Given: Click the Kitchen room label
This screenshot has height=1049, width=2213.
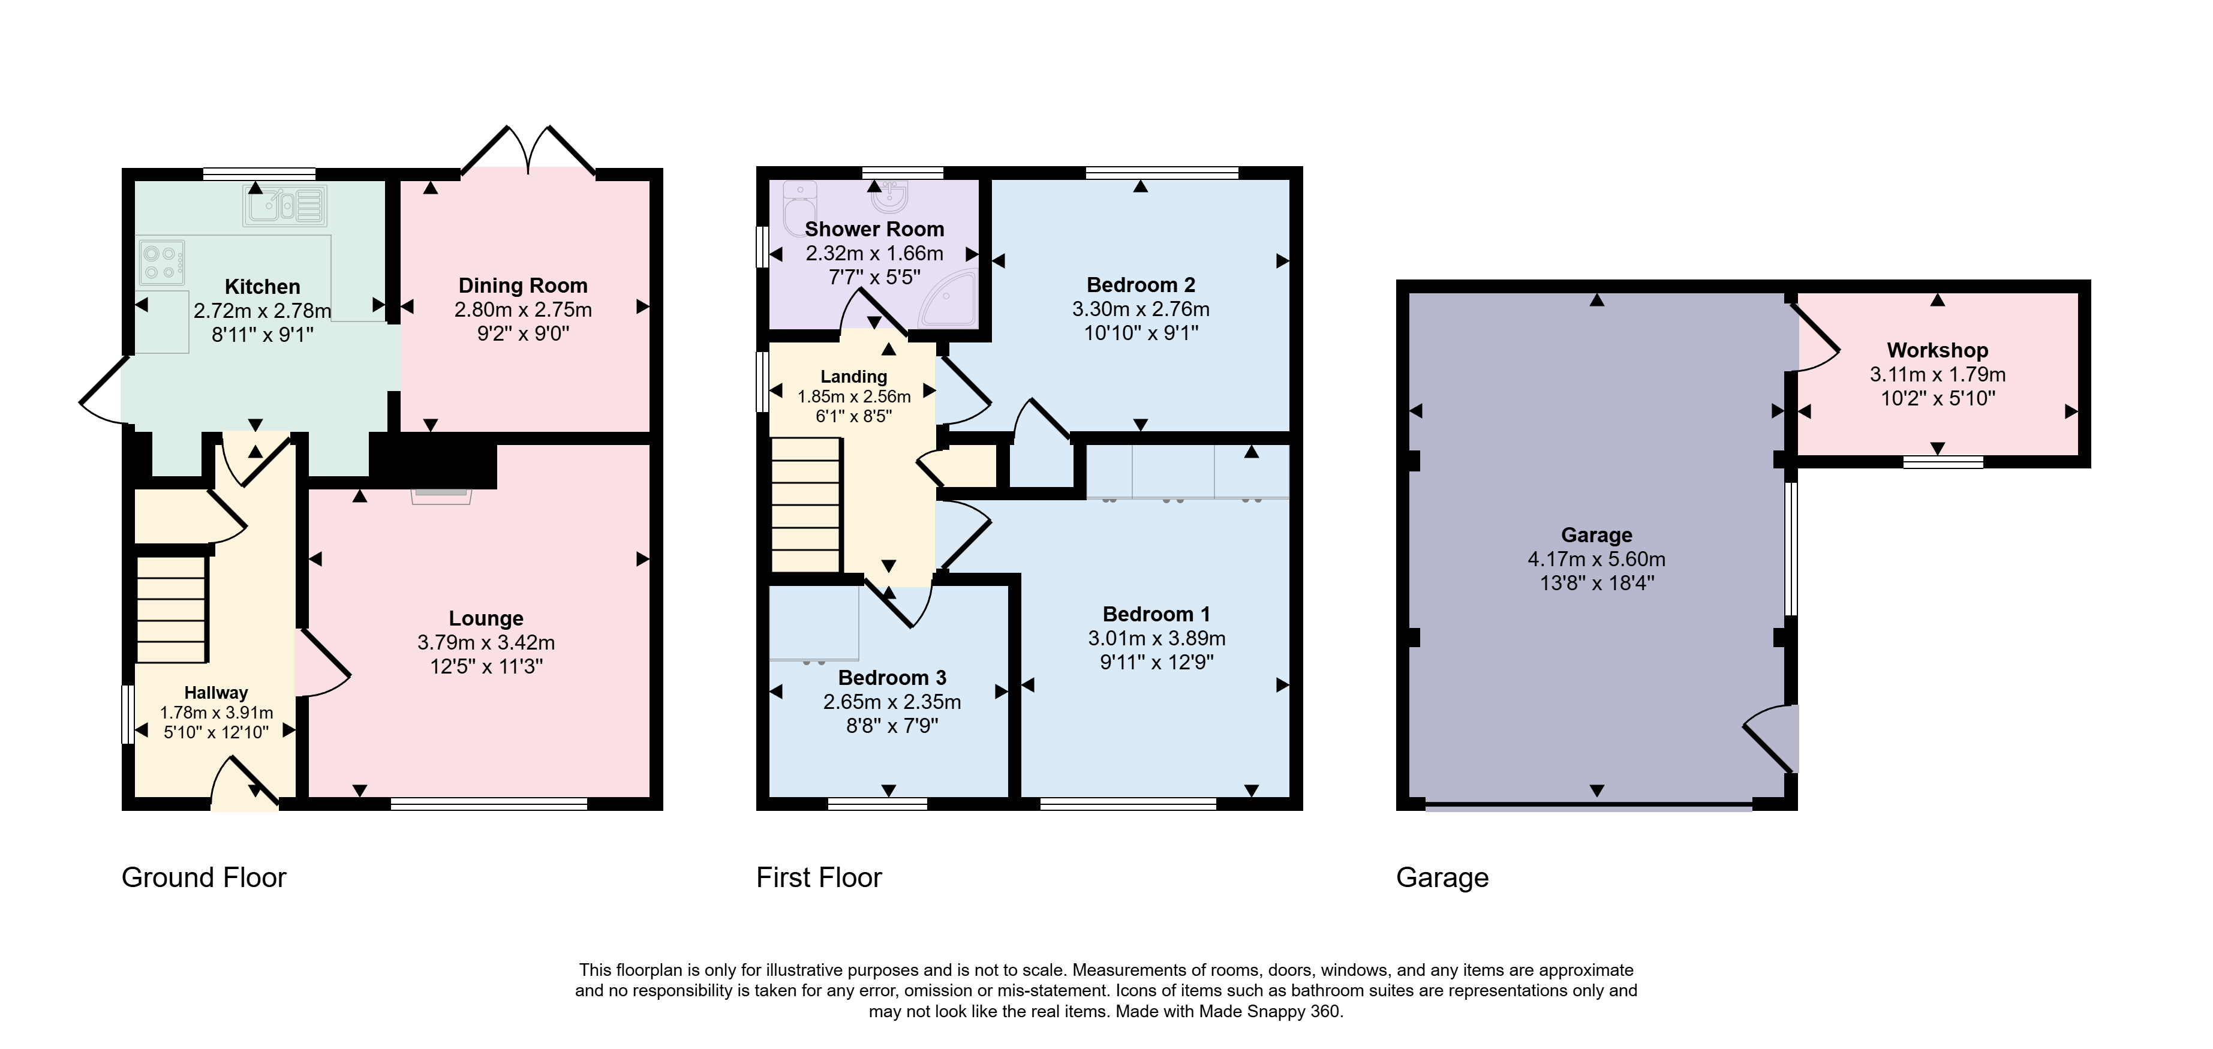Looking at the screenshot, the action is tap(262, 287).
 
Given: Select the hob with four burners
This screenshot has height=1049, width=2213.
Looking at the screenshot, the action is tap(161, 263).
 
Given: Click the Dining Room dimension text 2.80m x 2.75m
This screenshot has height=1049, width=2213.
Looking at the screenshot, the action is tap(523, 310).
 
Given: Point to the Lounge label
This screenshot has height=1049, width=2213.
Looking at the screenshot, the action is tap(486, 618).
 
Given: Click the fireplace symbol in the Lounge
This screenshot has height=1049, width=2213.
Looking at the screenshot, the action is tap(441, 496).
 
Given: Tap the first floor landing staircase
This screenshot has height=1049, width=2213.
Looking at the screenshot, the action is tap(806, 504).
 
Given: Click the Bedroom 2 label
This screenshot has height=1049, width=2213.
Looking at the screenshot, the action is tap(1141, 285).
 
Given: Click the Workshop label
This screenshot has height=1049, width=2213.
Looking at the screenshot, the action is tap(1937, 350).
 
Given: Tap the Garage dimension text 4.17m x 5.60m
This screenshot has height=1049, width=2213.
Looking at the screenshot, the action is tap(1596, 560).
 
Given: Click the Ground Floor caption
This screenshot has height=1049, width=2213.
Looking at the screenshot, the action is tap(203, 877).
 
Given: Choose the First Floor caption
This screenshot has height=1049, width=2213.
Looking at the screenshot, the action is tap(819, 877).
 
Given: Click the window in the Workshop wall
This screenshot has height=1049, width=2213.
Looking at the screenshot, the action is tap(1943, 462).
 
